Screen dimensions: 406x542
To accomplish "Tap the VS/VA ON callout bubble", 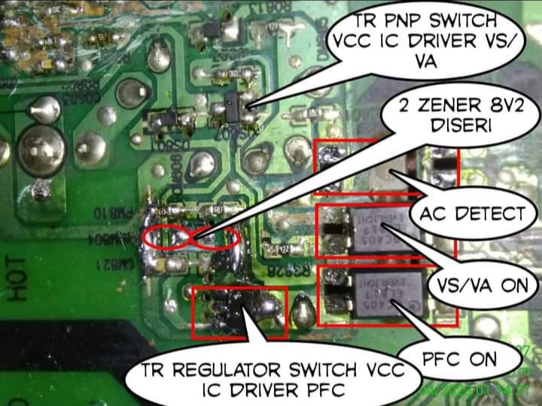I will click(x=482, y=285).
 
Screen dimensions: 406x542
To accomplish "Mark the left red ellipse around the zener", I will click(x=169, y=237).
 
